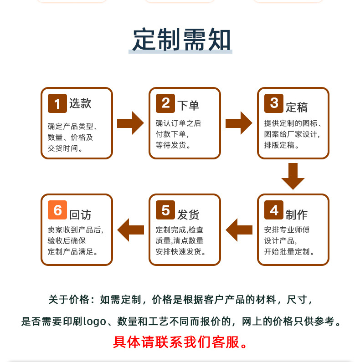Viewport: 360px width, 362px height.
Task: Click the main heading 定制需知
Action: click(x=182, y=40)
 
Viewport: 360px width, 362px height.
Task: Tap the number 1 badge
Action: click(x=57, y=103)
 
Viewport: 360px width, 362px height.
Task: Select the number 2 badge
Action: click(x=165, y=103)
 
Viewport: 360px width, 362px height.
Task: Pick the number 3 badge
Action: click(x=274, y=103)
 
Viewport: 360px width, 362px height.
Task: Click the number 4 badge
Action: click(x=274, y=210)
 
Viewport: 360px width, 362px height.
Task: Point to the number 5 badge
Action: click(x=165, y=210)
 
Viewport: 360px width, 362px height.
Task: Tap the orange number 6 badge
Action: click(x=57, y=210)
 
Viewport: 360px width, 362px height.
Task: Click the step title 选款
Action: click(x=80, y=104)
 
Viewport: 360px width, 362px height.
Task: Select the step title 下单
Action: click(x=188, y=106)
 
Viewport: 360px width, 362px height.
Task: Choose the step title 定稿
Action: click(x=297, y=107)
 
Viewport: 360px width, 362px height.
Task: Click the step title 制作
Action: click(x=297, y=214)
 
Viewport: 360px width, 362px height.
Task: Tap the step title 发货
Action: click(x=188, y=214)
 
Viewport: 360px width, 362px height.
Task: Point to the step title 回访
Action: click(x=80, y=214)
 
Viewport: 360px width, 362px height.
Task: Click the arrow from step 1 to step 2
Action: click(x=130, y=123)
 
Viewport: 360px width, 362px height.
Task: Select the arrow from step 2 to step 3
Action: click(x=239, y=123)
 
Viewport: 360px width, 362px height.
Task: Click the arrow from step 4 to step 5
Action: click(x=239, y=229)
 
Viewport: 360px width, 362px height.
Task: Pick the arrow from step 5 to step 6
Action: click(x=130, y=229)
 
